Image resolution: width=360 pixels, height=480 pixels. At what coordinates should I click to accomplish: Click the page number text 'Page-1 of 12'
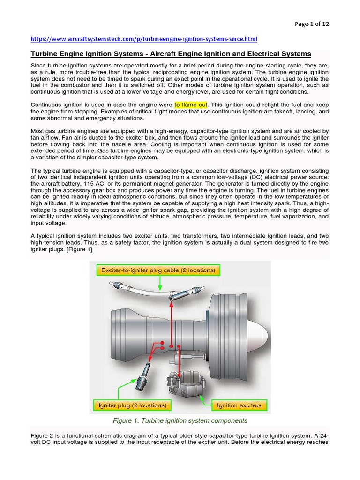(x=312, y=24)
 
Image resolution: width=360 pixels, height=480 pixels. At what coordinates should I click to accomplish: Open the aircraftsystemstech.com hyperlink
(x=144, y=39)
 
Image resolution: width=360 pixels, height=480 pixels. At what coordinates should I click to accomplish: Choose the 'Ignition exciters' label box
(x=239, y=405)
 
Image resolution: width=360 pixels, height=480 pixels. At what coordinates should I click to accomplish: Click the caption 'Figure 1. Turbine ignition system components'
(x=180, y=420)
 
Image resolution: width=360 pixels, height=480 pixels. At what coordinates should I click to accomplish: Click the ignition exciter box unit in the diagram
(x=183, y=382)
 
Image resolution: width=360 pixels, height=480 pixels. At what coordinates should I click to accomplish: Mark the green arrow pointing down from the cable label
(x=160, y=283)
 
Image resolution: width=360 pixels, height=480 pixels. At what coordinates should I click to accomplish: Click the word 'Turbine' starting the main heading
(x=44, y=54)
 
